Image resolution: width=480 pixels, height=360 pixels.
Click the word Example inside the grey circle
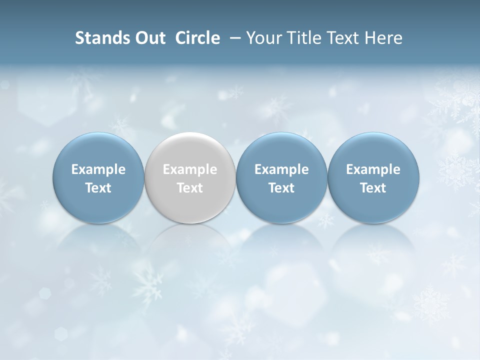click(190, 169)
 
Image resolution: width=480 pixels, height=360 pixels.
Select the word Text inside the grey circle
click(190, 188)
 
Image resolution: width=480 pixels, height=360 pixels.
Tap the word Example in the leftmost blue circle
click(98, 169)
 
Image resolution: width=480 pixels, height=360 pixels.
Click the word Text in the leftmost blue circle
click(98, 188)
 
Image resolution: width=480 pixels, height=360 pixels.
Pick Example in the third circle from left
click(281, 169)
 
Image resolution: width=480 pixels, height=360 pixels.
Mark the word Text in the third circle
click(281, 188)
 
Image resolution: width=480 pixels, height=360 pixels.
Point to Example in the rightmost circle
click(373, 169)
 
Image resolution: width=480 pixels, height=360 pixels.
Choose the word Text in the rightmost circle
click(373, 188)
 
